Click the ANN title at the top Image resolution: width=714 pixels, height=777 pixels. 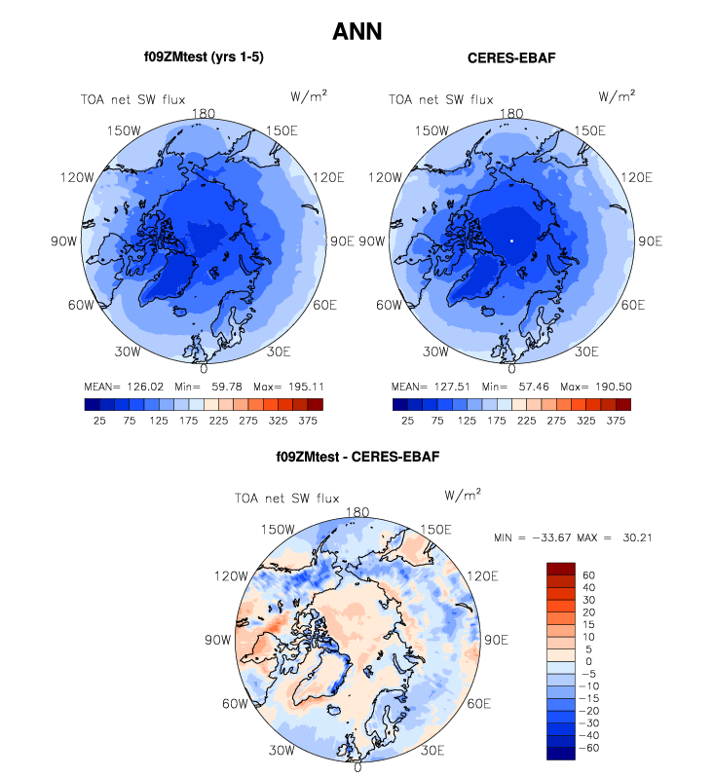[357, 31]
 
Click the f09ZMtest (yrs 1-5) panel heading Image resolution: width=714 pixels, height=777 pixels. [204, 57]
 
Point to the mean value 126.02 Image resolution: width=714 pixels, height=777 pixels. [143, 385]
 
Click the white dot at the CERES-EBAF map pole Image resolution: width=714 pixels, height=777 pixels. [511, 240]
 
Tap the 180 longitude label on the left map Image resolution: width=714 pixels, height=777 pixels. [204, 113]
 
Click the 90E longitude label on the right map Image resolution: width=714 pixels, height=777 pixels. [649, 240]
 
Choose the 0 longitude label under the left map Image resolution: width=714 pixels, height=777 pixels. [204, 369]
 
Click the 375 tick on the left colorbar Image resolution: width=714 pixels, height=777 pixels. [314, 421]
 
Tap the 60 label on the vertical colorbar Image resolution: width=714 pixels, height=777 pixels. [588, 575]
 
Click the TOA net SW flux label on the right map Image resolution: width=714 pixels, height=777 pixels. [441, 98]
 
